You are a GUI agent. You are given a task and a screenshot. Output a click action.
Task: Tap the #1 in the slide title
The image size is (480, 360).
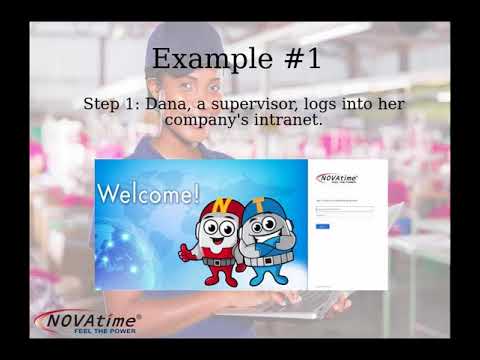[298, 59]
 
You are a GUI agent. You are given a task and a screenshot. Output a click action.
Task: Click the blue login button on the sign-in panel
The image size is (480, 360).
[323, 227]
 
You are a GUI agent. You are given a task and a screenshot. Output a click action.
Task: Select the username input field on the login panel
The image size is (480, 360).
[344, 210]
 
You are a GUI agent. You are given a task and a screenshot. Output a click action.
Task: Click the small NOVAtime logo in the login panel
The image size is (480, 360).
[337, 179]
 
